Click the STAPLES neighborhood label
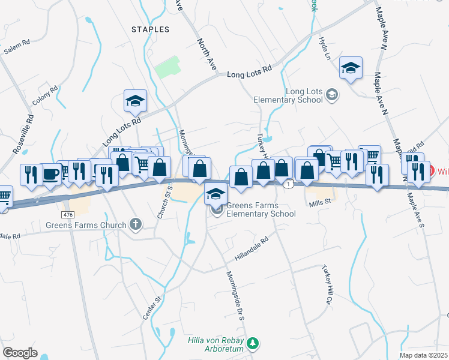pos(150,29)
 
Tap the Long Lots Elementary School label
pos(296,95)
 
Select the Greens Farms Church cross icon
pos(136,225)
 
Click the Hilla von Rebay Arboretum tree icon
pos(254,343)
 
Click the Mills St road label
pos(320,203)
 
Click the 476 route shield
pos(68,214)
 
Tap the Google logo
pos(20,353)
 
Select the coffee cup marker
pos(50,173)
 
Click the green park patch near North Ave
pos(167,67)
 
